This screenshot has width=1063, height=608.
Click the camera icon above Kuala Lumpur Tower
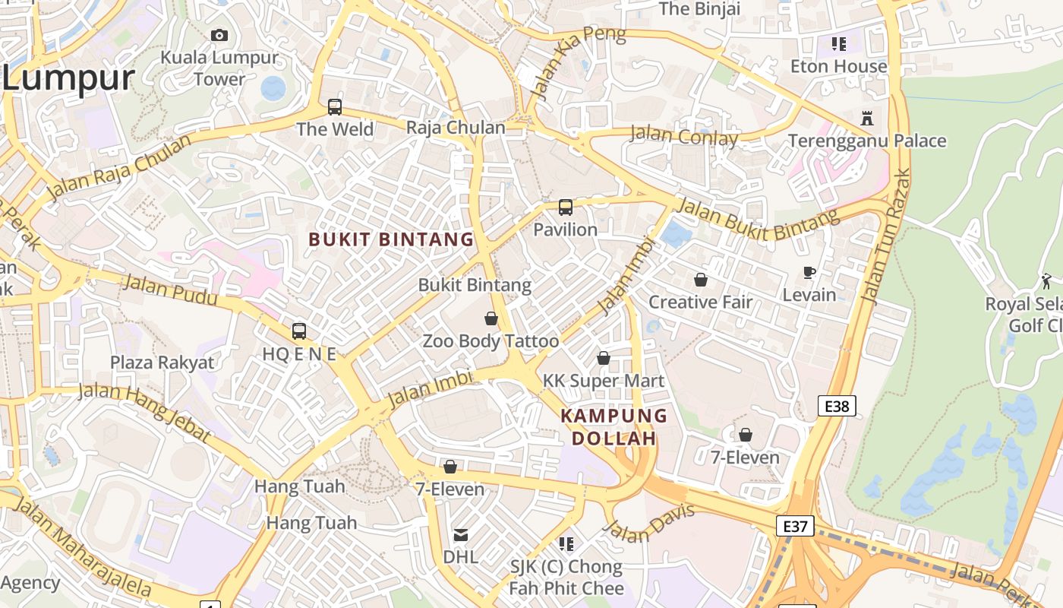click(219, 35)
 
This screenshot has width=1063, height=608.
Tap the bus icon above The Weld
click(335, 107)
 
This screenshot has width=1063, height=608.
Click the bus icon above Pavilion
click(566, 207)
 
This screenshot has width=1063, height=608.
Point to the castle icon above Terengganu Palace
click(867, 119)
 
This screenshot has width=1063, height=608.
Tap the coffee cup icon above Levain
click(809, 273)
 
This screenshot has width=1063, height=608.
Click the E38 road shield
click(837, 406)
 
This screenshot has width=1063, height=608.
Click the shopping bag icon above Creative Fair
click(701, 280)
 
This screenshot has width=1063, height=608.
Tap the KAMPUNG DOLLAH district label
click(614, 427)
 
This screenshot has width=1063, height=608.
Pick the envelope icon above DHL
click(461, 535)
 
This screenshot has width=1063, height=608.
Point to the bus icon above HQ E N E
click(299, 331)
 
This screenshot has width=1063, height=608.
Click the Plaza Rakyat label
click(162, 363)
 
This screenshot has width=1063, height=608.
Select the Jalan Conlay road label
click(684, 137)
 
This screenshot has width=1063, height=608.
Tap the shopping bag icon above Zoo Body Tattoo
click(491, 318)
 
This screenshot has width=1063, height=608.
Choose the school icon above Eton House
click(838, 44)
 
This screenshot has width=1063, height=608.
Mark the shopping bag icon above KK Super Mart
click(604, 358)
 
